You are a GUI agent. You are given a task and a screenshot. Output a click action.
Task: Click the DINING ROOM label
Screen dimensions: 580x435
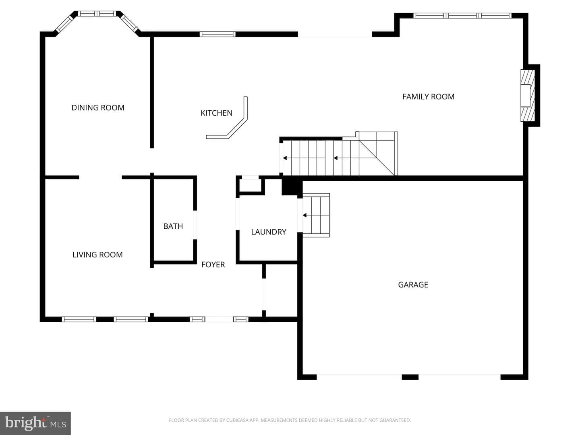(98, 108)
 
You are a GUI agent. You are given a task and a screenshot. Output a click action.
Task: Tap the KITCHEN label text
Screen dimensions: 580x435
(216, 113)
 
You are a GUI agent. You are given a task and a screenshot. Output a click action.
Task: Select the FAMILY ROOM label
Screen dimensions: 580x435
(428, 97)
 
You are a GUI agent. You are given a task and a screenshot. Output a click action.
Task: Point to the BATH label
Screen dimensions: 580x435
(173, 226)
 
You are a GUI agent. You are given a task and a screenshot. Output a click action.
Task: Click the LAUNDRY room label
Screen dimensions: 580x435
(269, 232)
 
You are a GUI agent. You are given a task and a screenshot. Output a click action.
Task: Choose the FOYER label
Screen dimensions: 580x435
(213, 265)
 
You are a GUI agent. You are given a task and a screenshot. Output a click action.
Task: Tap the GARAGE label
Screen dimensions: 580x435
(413, 285)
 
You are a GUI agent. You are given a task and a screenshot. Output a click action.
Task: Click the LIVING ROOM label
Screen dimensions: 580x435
(97, 255)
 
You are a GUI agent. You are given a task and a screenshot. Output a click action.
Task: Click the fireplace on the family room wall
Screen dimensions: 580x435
(528, 95)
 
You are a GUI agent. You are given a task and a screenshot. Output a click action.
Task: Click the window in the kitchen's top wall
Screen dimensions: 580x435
(217, 34)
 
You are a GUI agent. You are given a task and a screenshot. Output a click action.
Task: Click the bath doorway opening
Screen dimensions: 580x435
(195, 225)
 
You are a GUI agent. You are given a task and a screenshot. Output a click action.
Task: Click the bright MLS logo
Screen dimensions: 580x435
(35, 423)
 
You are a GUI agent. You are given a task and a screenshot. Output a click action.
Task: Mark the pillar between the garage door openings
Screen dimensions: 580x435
(410, 377)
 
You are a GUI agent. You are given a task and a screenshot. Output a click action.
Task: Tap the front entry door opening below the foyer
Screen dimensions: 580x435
(219, 319)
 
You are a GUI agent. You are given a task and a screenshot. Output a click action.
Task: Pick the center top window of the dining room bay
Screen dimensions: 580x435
(97, 13)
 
